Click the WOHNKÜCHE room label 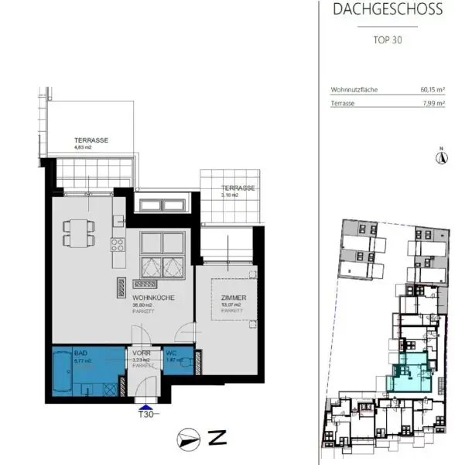[152, 298]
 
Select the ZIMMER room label [234, 298]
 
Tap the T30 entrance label [145, 415]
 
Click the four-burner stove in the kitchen [119, 246]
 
